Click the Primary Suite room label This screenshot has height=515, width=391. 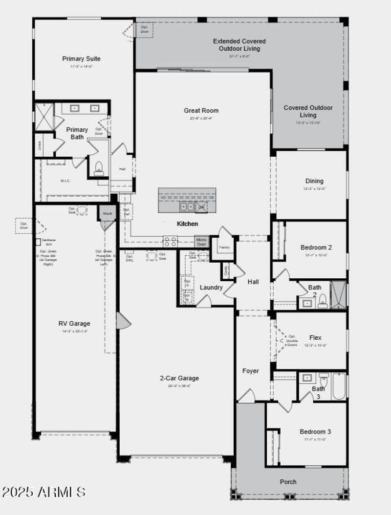81,59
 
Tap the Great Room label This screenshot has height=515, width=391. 201,111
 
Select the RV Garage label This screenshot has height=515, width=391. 74,323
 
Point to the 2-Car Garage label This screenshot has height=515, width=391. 179,378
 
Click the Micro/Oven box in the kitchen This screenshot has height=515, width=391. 201,241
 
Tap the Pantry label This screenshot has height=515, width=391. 225,247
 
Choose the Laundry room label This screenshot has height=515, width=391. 211,288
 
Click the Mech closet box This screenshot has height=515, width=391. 107,213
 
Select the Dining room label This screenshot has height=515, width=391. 314,181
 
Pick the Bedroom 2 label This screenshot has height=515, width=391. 316,247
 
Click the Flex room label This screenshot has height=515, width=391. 315,337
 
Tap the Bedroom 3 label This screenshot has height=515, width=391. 315,432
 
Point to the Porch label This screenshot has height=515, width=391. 288,482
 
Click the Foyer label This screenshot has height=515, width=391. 251,371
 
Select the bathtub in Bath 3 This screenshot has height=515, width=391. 339,386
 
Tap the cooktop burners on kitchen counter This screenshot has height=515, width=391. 170,241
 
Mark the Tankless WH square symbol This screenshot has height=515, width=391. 38,242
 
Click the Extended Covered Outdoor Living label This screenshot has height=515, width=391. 239,45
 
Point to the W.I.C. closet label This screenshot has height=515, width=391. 65,181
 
